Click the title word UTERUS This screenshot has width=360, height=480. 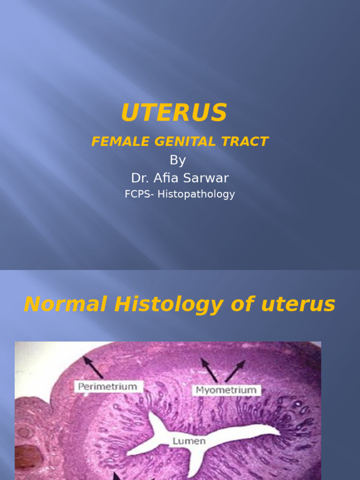174,113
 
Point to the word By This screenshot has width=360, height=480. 178,160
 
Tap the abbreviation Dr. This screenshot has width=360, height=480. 139,178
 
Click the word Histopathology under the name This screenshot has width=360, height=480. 196,194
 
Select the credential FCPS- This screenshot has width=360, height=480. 140,194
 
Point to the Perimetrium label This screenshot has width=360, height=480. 108,387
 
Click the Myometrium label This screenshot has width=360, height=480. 226,390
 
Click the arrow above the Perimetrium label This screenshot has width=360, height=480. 93,367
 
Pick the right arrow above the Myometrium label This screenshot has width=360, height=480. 235,371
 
